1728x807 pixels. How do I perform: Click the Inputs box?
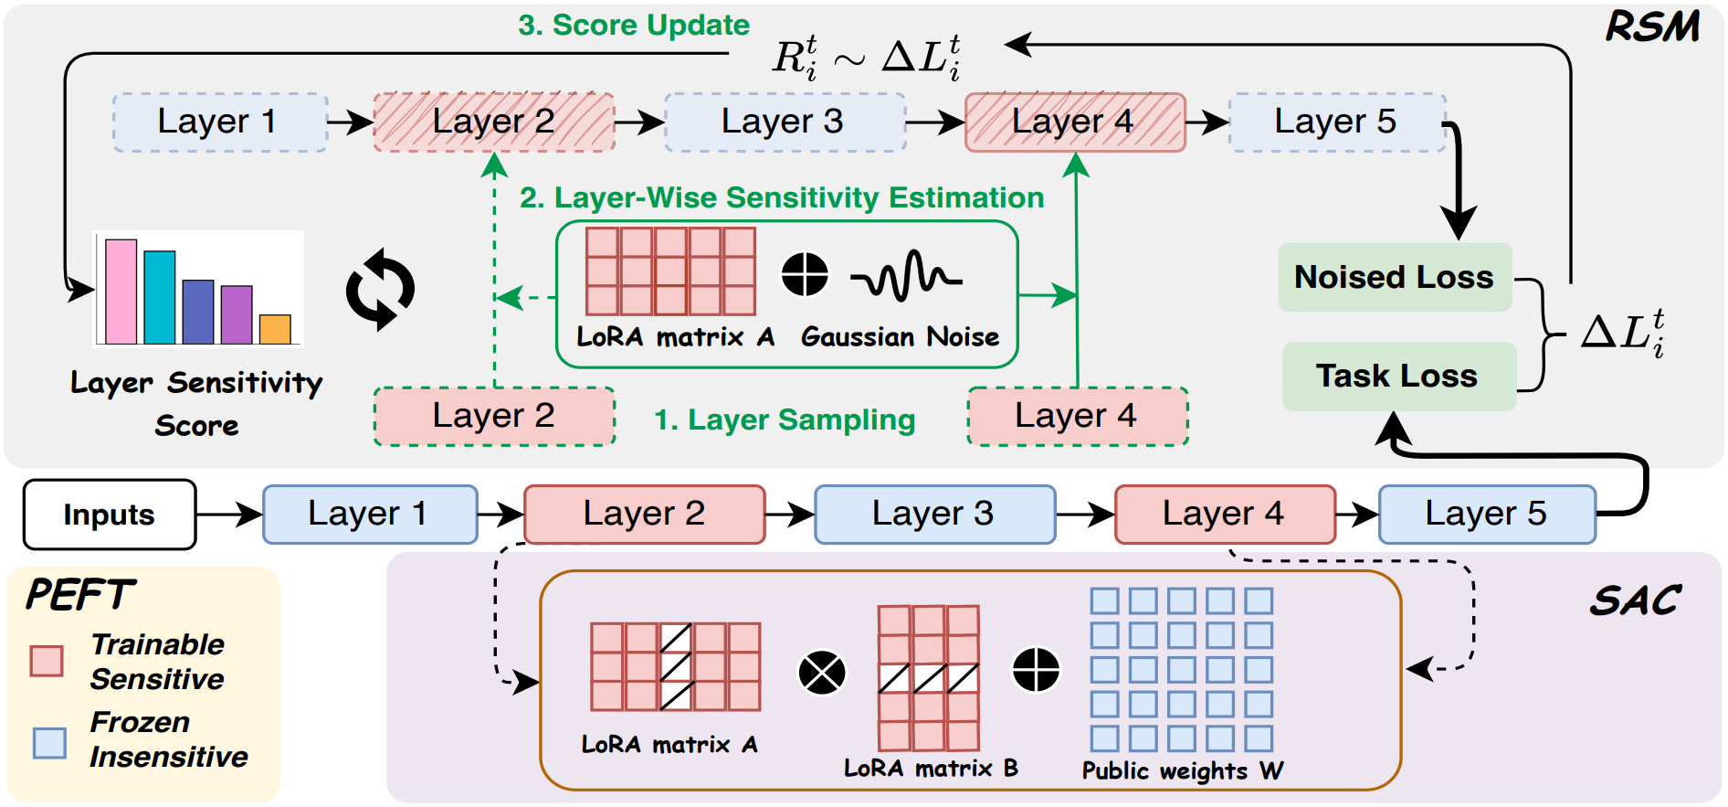click(110, 515)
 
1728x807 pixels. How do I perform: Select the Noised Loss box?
click(1395, 277)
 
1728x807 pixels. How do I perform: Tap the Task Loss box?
click(1398, 376)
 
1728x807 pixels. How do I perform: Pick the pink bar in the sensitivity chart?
click(121, 292)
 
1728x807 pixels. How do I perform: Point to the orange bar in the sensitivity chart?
click(275, 329)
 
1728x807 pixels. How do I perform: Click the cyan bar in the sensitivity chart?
click(160, 297)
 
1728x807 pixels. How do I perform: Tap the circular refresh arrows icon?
click(380, 290)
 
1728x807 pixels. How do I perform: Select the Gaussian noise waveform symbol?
click(905, 275)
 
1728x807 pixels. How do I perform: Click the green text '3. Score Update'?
click(634, 25)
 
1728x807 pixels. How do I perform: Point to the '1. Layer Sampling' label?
click(785, 419)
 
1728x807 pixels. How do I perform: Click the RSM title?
click(1653, 27)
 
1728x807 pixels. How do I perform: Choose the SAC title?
click(1636, 600)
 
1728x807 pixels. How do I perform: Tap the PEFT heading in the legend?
click(80, 595)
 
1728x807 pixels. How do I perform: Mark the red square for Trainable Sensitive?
click(47, 661)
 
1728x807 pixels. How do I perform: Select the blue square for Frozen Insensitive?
click(49, 742)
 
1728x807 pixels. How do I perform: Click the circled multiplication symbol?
click(822, 673)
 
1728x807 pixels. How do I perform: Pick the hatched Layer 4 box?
click(1075, 122)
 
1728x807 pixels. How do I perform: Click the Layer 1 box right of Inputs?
click(370, 515)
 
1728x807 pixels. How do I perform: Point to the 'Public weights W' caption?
click(1182, 770)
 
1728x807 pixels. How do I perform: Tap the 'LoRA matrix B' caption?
click(931, 768)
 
